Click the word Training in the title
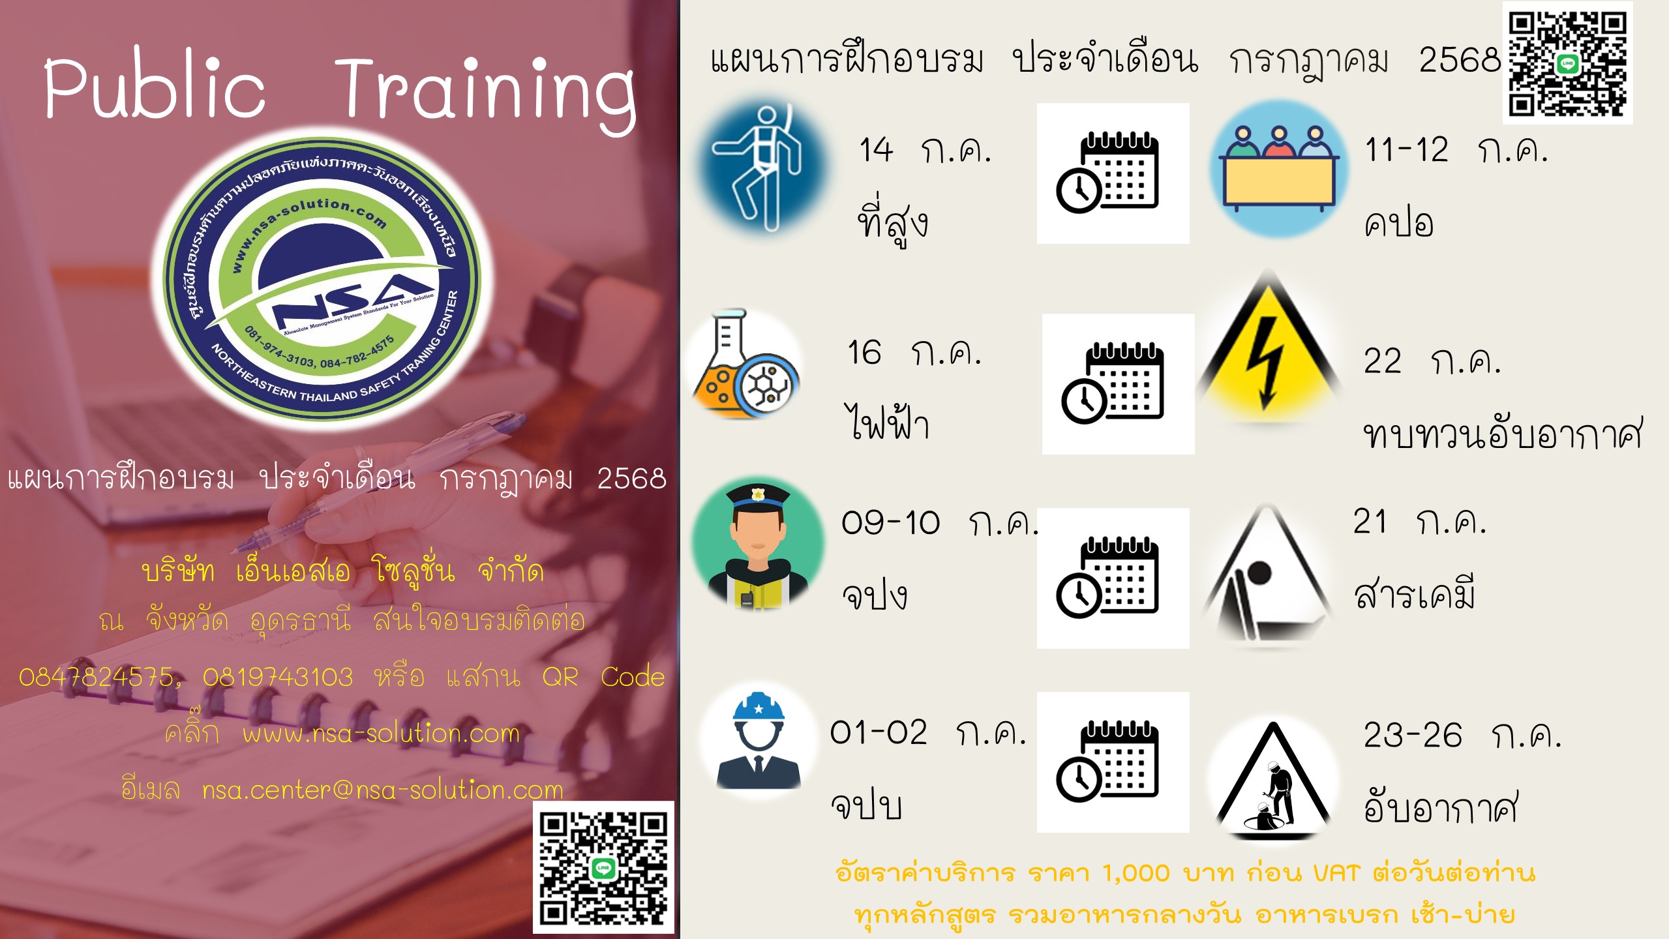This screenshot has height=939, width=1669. (x=485, y=93)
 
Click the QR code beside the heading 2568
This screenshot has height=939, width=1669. (x=1567, y=63)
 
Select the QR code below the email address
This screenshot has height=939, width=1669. (x=603, y=867)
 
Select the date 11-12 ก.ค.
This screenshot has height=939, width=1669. (x=1456, y=151)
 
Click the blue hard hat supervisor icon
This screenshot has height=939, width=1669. (x=759, y=741)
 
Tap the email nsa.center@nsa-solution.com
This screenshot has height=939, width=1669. (x=383, y=790)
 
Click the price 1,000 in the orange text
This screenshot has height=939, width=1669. (x=1135, y=873)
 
